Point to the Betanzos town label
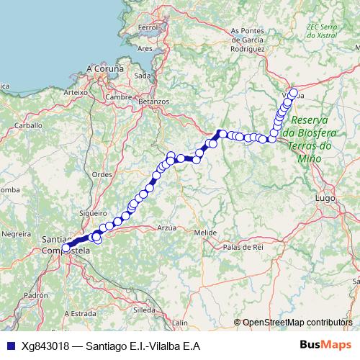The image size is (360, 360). [x=153, y=102]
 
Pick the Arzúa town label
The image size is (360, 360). [x=166, y=227]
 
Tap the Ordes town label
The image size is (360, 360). [x=102, y=174]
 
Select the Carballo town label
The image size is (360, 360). [x=30, y=125]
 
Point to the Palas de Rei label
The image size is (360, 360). [x=243, y=247]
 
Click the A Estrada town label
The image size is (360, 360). [x=80, y=314]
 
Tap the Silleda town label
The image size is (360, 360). [x=144, y=309]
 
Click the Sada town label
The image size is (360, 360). [x=143, y=75]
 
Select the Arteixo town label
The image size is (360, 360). [x=75, y=93]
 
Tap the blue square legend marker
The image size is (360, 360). [x=10, y=346]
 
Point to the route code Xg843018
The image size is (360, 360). [x=45, y=346]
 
